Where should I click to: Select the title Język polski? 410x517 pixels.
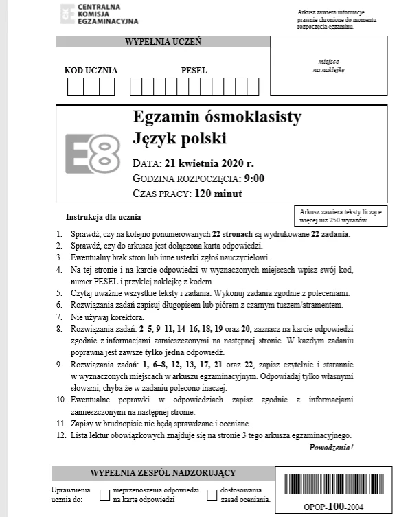179,139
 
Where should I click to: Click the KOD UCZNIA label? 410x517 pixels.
91,70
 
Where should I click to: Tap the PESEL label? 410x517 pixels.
194,70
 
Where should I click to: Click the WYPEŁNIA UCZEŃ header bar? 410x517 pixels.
163,42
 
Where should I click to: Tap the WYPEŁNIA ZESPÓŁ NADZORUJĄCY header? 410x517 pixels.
163,472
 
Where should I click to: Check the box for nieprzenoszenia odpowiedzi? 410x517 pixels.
105,495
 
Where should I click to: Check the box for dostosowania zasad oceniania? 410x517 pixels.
212,495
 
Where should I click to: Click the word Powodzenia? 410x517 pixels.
331,447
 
